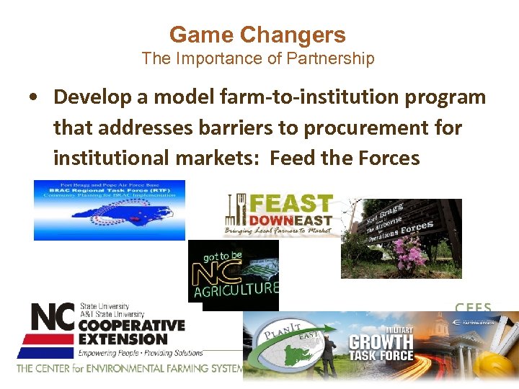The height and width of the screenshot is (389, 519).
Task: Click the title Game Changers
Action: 257,35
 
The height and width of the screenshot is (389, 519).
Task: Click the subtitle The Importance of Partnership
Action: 257,58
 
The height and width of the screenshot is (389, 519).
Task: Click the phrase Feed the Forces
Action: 345,158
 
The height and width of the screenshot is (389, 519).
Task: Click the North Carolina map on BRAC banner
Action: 108,217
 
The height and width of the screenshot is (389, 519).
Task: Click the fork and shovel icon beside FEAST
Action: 235,213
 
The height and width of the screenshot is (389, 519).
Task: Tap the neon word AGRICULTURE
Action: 234,289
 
